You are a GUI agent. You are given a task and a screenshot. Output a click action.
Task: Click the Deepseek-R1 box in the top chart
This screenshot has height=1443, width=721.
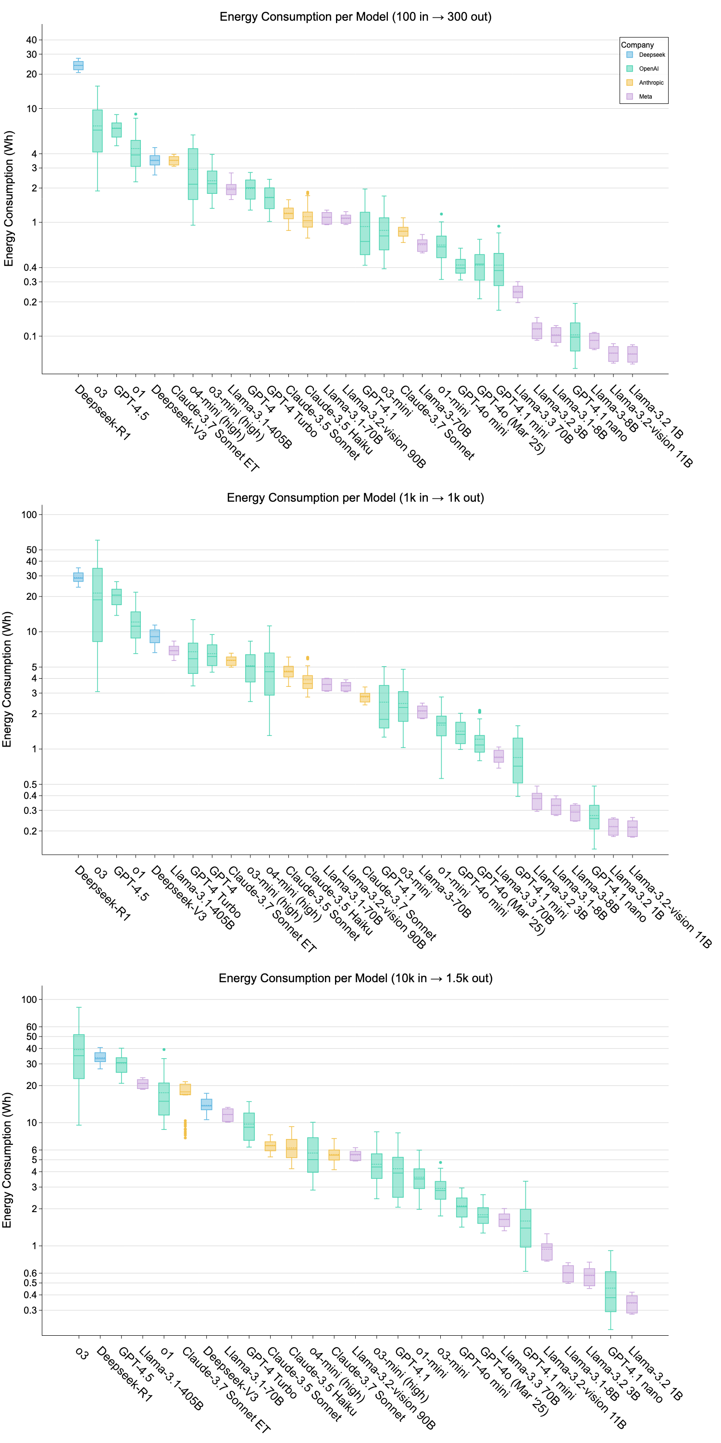pos(78,65)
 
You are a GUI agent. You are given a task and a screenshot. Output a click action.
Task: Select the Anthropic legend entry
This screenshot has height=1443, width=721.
pos(651,82)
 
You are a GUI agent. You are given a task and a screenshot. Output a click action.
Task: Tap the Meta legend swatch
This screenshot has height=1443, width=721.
pos(630,96)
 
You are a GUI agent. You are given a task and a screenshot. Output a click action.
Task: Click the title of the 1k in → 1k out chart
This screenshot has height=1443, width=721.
pos(355,497)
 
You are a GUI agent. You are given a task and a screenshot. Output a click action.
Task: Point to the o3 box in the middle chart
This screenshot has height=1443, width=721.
pos(98,605)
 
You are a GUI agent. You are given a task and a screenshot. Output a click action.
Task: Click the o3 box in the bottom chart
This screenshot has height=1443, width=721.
pos(79,1056)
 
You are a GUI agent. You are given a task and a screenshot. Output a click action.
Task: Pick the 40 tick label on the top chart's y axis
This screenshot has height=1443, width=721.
pos(31,40)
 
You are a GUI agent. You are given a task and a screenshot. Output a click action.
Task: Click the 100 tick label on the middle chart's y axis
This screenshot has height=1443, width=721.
pos(29,514)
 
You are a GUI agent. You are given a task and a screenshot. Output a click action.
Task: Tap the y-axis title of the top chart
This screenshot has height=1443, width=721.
pos(8,198)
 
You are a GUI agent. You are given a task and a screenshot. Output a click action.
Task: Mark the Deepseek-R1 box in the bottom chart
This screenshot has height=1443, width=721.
pos(100,1057)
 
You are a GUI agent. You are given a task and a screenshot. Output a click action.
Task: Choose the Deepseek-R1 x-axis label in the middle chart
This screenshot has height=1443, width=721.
pos(103,893)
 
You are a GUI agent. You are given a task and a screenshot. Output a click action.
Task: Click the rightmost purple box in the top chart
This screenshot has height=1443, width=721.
pos(633,354)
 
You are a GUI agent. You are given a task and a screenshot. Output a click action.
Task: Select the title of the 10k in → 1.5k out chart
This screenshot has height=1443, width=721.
pos(355,978)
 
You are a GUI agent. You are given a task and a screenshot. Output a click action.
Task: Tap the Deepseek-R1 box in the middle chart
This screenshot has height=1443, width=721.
pos(78,577)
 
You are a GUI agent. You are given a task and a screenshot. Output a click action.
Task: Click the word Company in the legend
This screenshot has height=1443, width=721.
pos(637,45)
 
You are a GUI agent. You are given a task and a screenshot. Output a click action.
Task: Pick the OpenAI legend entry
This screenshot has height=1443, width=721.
pos(649,68)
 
